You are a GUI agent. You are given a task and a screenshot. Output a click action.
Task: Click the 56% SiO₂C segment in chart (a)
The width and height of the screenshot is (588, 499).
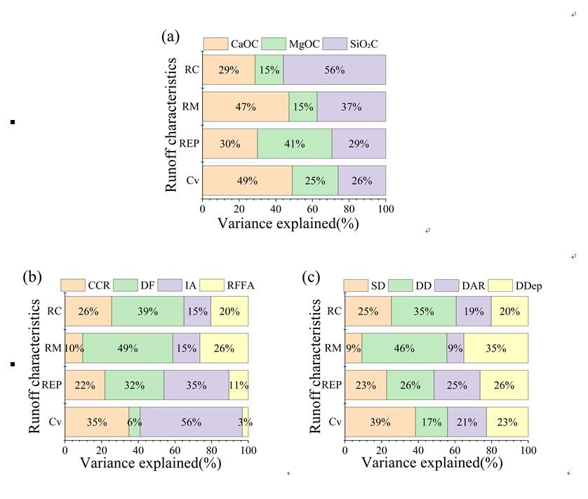pos(334,70)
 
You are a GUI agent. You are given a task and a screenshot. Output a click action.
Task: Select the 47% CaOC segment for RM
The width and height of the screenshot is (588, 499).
pos(246,107)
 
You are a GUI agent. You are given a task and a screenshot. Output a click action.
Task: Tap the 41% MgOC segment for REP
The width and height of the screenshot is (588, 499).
pos(294,144)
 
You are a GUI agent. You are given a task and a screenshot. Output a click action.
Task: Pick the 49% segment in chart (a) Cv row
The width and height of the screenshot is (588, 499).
pos(247,180)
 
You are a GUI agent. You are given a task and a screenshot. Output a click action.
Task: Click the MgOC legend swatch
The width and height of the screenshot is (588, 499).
pos(276,44)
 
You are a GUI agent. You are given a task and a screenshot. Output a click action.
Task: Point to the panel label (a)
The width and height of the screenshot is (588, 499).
pos(171,36)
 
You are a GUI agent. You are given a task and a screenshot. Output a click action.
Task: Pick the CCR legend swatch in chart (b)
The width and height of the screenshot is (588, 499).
pos(72,285)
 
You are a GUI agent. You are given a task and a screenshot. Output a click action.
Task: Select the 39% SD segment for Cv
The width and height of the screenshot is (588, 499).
pos(380,422)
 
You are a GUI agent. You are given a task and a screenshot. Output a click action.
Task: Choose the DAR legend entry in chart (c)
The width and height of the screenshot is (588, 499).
pos(455,285)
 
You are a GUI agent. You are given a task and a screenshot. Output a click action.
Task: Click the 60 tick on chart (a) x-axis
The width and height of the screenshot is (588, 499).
pos(312,208)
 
